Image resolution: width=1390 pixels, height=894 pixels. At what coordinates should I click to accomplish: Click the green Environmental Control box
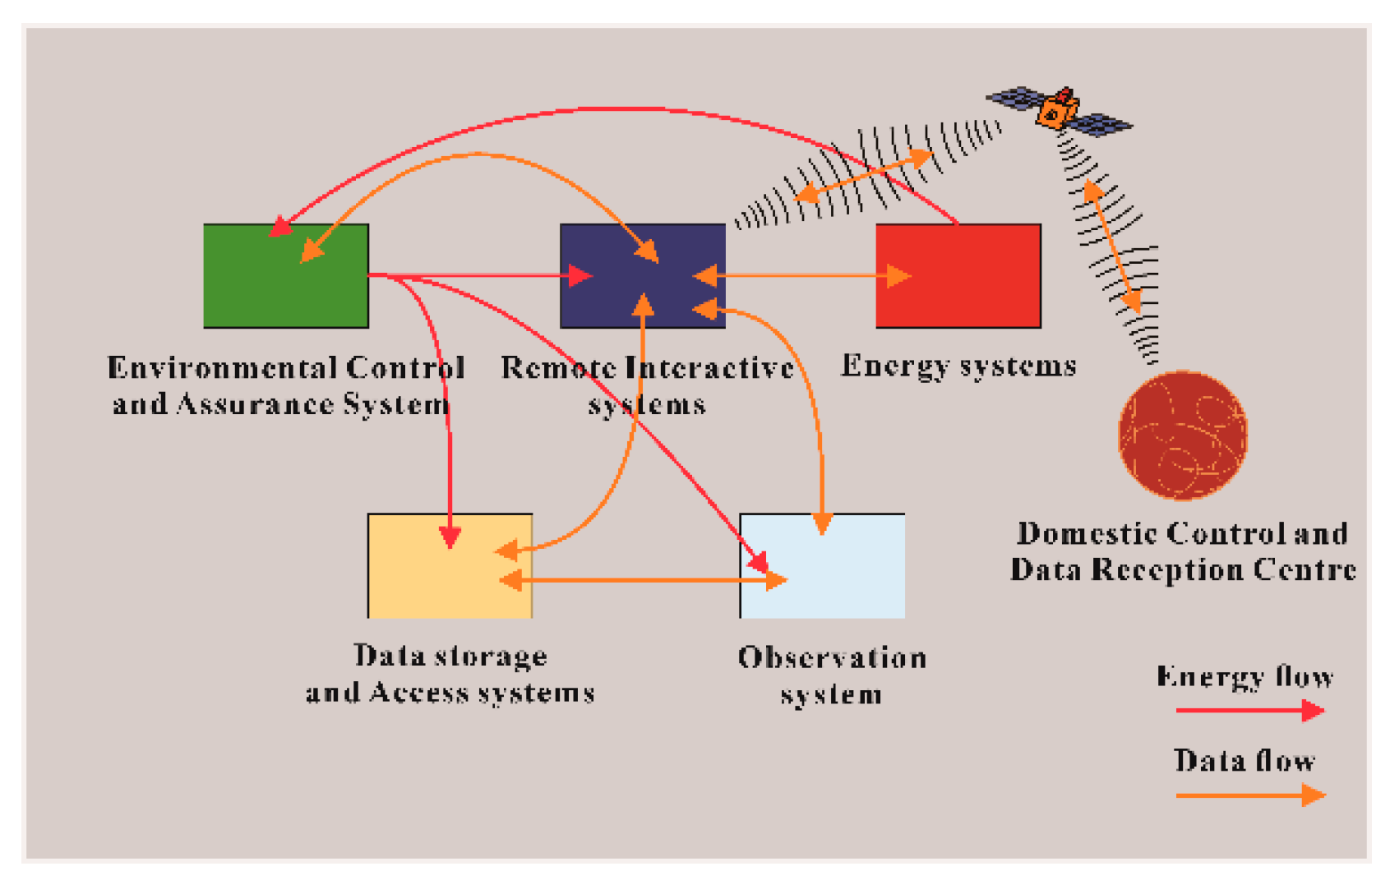click(x=285, y=275)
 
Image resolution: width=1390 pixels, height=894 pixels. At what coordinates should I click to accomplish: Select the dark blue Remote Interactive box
click(x=642, y=275)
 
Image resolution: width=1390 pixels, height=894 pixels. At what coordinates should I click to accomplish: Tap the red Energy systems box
click(x=958, y=275)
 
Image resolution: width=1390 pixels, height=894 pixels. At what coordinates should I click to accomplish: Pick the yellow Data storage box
click(x=450, y=565)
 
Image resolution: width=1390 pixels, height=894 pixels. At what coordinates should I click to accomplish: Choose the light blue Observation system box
click(x=822, y=565)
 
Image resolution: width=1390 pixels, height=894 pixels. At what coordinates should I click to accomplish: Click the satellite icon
click(x=1059, y=109)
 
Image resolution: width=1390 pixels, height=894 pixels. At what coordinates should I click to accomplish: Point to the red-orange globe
click(x=1182, y=435)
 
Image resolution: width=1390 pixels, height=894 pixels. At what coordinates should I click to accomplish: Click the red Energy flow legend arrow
click(x=1249, y=710)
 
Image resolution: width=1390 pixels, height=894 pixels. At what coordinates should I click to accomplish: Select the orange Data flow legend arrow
click(x=1249, y=795)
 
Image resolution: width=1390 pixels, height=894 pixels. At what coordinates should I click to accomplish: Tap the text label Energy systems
click(x=958, y=366)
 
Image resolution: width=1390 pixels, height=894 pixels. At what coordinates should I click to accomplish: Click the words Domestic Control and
click(x=1182, y=533)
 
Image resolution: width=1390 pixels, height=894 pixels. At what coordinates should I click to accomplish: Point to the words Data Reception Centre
click(x=1182, y=569)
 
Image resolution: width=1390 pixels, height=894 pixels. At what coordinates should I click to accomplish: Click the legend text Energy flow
click(x=1245, y=676)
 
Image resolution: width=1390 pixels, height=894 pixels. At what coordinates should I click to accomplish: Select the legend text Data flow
click(x=1244, y=761)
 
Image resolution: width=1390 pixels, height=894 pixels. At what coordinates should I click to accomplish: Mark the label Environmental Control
click(x=285, y=367)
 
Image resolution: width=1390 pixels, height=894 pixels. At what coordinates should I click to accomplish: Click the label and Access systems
click(x=450, y=693)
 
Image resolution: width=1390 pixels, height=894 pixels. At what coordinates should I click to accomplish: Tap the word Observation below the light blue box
click(x=832, y=657)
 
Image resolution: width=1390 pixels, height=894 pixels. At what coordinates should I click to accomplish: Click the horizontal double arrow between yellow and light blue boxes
click(x=641, y=580)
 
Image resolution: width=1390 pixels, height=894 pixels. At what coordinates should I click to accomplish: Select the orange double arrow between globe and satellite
click(x=1112, y=247)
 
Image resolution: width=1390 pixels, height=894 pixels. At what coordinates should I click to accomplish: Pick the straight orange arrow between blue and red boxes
click(x=801, y=275)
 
